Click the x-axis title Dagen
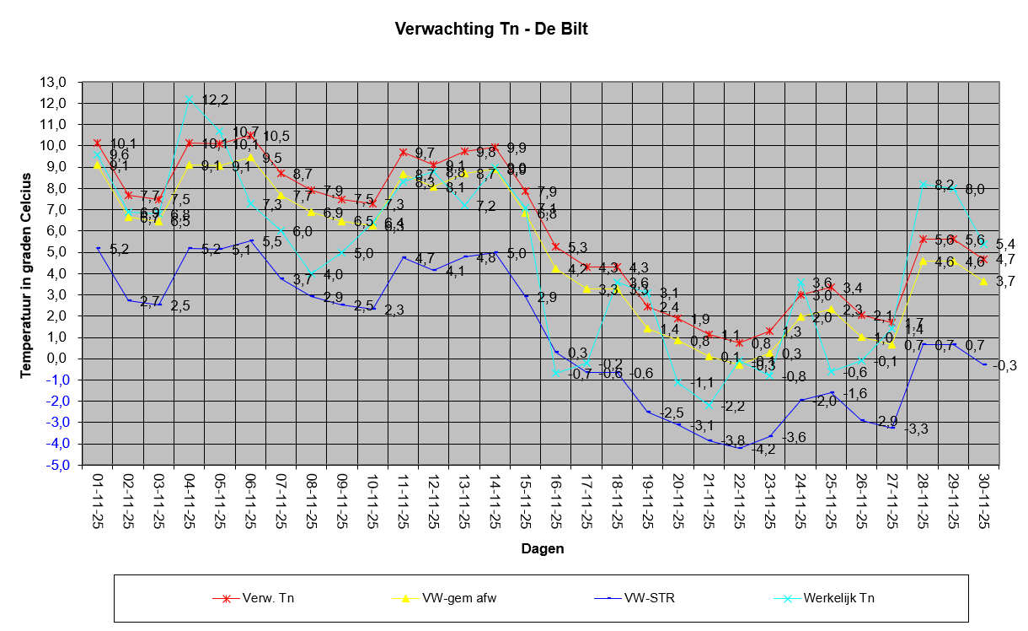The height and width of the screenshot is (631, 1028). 542,548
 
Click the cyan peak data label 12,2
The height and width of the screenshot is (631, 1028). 215,100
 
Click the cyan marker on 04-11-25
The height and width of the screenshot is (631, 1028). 190,99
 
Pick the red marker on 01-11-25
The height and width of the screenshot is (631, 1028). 98,143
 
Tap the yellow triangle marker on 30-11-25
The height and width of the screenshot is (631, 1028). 983,280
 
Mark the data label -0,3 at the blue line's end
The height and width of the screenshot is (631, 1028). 1006,366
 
